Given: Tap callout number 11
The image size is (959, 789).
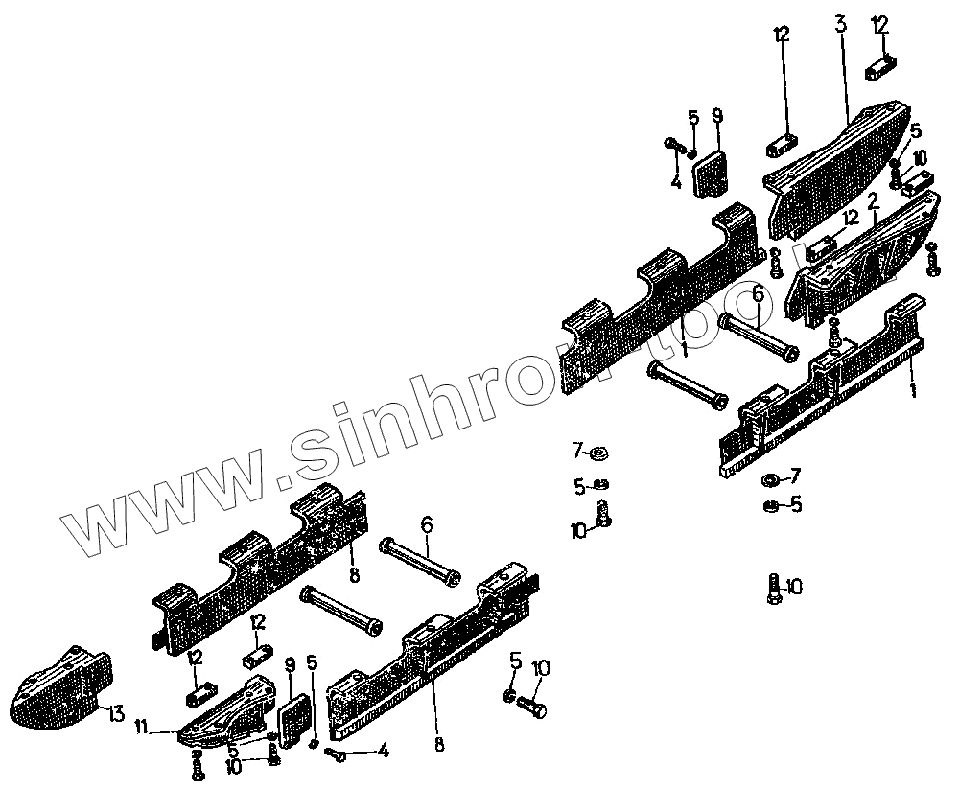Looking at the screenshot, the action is click(141, 729).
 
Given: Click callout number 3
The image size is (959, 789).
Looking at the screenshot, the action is click(840, 24).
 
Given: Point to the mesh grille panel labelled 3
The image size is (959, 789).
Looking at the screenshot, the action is click(834, 173).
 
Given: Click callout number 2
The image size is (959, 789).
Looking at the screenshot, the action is click(873, 201).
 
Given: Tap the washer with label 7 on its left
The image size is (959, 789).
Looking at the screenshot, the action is click(601, 452).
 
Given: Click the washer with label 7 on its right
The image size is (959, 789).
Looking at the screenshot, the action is click(770, 478).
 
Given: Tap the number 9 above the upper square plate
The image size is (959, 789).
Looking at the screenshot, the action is click(717, 117).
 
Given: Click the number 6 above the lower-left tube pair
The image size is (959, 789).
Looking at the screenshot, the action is click(426, 524).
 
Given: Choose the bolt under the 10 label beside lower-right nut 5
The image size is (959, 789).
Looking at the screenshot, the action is click(531, 708).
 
